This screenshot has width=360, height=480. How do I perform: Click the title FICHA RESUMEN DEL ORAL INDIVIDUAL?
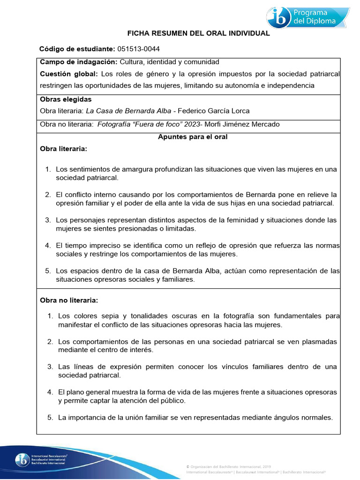point(199,33)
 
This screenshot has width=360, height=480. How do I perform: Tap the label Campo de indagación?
point(78,62)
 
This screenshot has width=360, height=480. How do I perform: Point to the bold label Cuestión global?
point(69,74)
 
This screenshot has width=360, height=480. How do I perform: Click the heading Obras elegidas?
point(66,99)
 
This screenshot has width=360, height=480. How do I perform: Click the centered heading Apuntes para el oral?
point(193,137)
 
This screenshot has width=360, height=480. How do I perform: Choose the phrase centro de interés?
point(130,350)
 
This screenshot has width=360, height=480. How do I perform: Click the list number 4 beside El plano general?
point(49,392)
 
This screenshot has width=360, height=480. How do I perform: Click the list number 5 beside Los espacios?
point(47,271)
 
